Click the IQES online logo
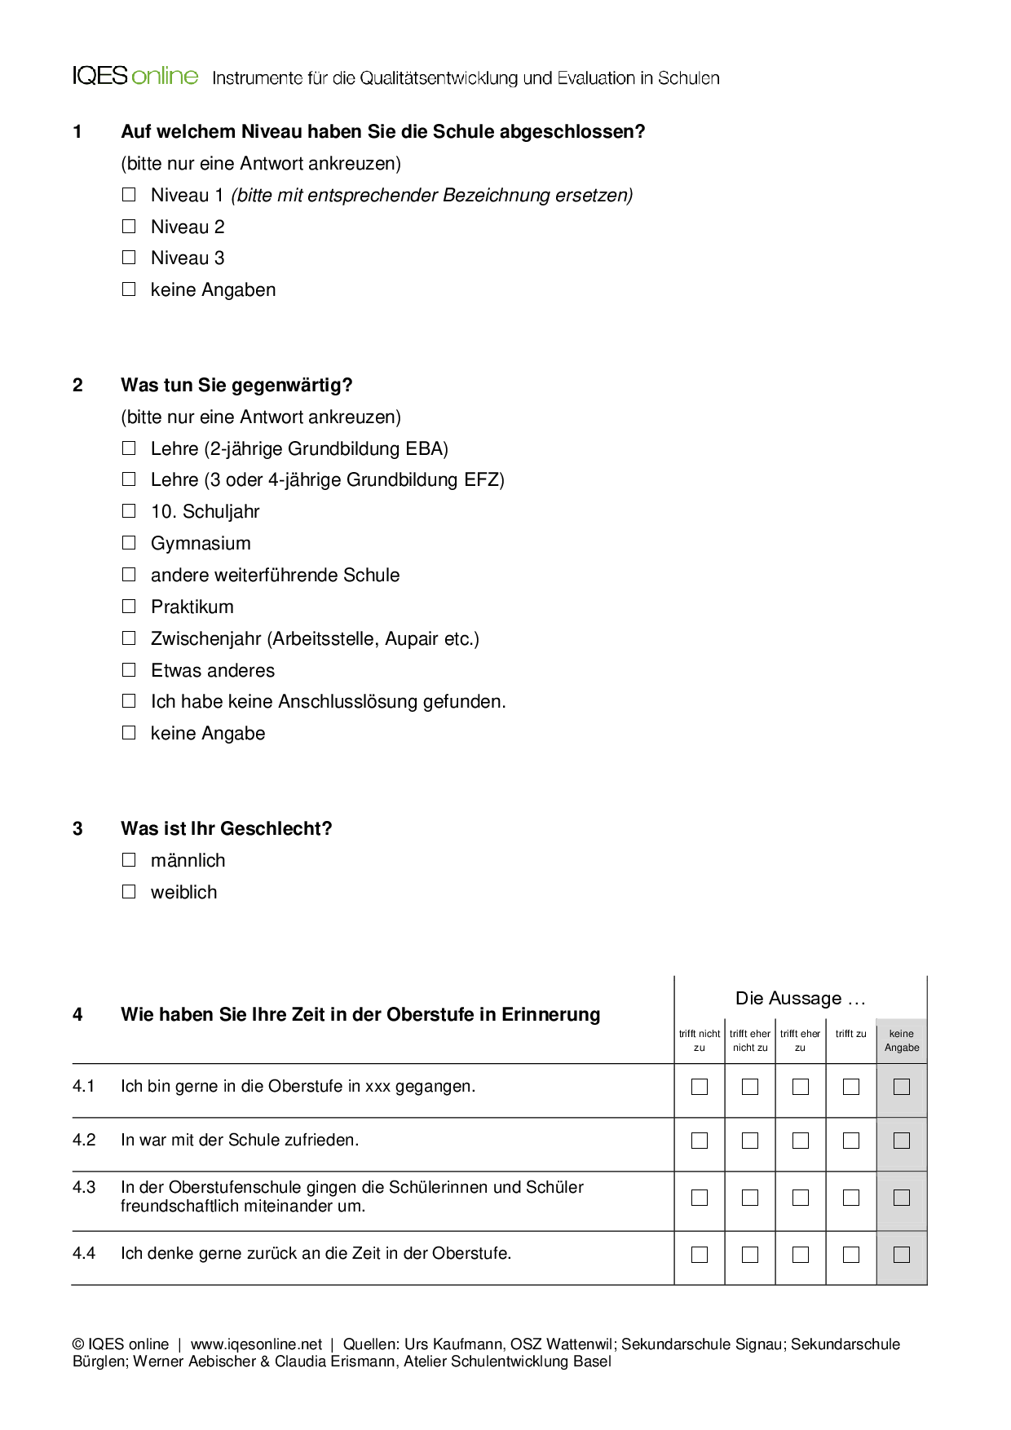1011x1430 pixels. (135, 77)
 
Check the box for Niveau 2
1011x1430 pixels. (129, 227)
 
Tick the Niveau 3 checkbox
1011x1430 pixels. (129, 258)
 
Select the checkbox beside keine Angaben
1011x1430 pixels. (129, 289)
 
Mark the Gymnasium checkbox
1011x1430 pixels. (129, 543)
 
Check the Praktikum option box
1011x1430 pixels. (129, 607)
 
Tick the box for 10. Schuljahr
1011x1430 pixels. (129, 511)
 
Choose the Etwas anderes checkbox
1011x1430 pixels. (129, 670)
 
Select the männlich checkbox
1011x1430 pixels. (129, 860)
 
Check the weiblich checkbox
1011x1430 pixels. (129, 892)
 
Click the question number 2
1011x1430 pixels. (77, 385)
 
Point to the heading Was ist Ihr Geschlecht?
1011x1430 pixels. (226, 828)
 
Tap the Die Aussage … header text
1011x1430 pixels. (800, 998)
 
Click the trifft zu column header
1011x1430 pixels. (850, 1034)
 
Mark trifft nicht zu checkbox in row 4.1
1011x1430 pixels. (700, 1087)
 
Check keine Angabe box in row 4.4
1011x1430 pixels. (902, 1255)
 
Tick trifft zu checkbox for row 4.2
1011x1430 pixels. (851, 1141)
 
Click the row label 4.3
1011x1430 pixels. (84, 1187)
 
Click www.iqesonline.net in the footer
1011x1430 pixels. (256, 1344)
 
